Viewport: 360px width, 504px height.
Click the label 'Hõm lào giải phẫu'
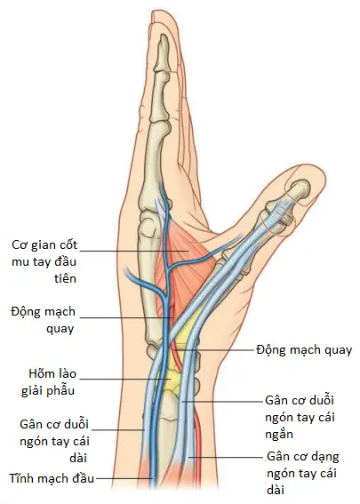coord(49,382)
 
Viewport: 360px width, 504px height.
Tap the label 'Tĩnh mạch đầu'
coord(52,478)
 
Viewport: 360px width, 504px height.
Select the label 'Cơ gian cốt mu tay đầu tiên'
coord(44,261)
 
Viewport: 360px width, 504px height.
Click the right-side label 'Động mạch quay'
coord(304,350)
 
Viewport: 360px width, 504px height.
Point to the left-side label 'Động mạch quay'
coord(43,320)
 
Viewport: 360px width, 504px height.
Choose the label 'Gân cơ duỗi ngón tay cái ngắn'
coord(300,417)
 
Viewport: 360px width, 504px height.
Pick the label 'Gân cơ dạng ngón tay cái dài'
coord(303,473)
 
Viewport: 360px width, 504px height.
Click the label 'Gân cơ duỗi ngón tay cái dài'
coord(54,441)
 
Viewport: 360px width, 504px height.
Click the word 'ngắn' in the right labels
coord(279,435)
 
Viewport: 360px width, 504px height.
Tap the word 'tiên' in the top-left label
coord(65,278)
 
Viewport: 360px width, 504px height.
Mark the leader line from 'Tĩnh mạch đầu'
coord(124,478)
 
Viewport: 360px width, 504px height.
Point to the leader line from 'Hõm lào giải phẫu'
coord(125,379)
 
